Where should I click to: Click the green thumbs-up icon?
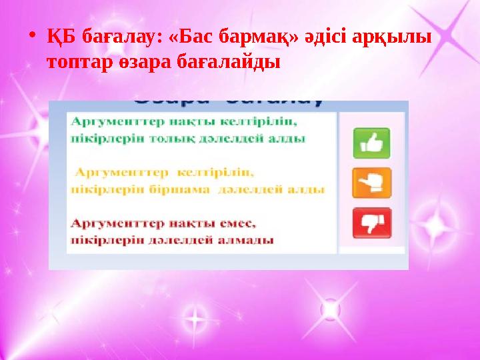click(x=371, y=143)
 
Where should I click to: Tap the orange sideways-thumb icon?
click(x=371, y=183)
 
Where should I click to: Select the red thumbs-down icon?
click(x=371, y=223)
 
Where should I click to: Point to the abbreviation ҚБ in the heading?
click(x=59, y=39)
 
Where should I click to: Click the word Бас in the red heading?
click(x=193, y=39)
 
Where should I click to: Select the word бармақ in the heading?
click(x=254, y=39)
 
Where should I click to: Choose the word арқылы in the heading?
click(x=399, y=39)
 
